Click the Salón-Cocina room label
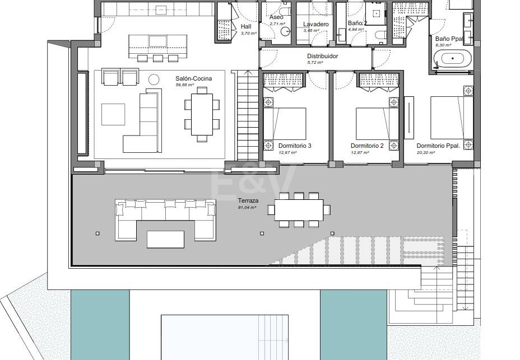(x=193, y=79)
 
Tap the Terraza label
(x=247, y=200)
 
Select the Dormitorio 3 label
(x=294, y=146)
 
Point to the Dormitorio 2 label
(x=367, y=146)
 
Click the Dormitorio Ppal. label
(x=438, y=146)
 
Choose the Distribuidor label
(x=322, y=56)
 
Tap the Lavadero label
(x=315, y=24)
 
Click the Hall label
(x=246, y=26)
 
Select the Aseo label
(x=276, y=17)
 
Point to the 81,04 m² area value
(x=247, y=207)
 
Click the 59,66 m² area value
(x=184, y=85)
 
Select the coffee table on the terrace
(x=165, y=239)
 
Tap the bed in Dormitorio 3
(x=285, y=123)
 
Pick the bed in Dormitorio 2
(x=377, y=123)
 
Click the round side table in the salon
(x=154, y=78)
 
